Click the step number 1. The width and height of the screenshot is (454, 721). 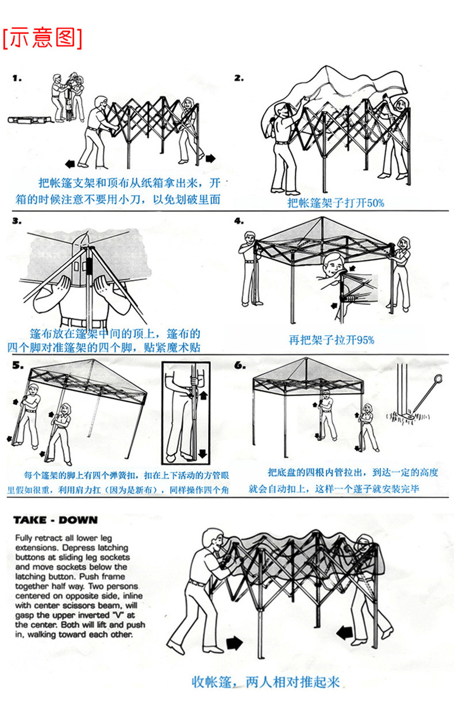(17, 78)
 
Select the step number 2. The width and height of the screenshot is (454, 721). (238, 78)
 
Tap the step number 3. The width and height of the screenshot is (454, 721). (17, 221)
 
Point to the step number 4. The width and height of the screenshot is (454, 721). (238, 221)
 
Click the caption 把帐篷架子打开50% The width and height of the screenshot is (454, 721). (336, 202)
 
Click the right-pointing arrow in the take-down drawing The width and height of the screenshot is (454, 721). (234, 642)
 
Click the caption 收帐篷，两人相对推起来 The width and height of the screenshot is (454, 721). (266, 682)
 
